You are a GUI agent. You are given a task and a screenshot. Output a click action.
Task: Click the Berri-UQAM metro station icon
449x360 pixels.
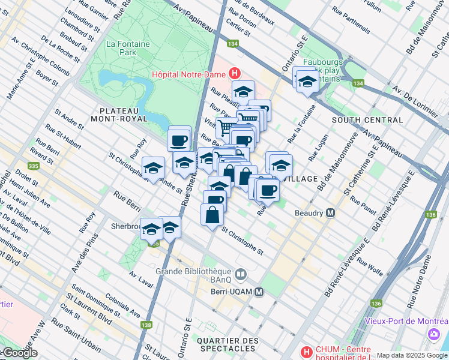click(x=259, y=292)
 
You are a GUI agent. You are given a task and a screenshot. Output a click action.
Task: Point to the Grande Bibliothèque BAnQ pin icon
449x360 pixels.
click(x=241, y=274)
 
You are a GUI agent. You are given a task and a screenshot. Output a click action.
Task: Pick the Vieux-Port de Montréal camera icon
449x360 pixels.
click(x=433, y=334)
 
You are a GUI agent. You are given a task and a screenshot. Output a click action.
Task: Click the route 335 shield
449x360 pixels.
click(x=33, y=166)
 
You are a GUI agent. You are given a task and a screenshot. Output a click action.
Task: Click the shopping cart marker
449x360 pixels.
click(x=226, y=127)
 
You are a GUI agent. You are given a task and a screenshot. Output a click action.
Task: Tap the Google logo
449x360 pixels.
click(x=19, y=353)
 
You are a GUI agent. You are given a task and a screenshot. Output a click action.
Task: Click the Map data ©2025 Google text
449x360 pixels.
click(x=411, y=355)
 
